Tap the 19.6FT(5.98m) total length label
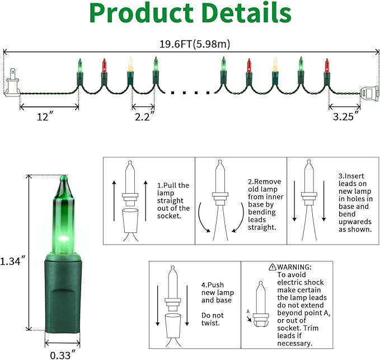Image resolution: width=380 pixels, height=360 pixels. [195, 44]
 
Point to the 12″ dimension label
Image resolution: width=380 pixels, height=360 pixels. [45, 116]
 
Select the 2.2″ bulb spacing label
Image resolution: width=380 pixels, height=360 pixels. [145, 116]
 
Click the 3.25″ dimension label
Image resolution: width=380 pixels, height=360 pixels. [346, 116]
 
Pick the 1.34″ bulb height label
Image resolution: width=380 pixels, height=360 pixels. [13, 261]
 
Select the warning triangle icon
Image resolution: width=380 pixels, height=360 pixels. [273, 267]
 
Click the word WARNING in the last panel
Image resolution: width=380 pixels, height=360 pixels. [294, 267]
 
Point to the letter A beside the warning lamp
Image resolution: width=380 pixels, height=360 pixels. [248, 311]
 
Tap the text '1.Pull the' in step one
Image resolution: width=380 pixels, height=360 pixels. [173, 185]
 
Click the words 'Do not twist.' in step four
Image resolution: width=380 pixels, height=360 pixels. [213, 319]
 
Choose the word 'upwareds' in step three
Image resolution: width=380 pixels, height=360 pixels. [355, 222]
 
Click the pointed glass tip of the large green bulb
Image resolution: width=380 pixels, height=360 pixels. [63, 179]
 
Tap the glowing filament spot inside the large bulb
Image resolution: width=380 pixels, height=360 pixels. [64, 239]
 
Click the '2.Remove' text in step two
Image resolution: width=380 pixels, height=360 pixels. [264, 181]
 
